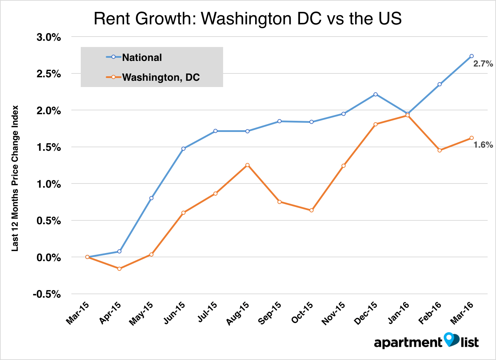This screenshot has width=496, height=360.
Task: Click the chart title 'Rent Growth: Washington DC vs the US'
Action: pyautogui.click(x=247, y=18)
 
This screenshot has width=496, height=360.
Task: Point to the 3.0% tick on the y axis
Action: pyautogui.click(x=49, y=37)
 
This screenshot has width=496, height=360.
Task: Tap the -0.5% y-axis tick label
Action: pyautogui.click(x=47, y=295)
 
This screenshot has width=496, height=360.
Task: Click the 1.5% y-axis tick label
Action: pyautogui.click(x=49, y=147)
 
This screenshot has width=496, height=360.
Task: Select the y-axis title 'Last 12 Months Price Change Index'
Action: pyautogui.click(x=15, y=178)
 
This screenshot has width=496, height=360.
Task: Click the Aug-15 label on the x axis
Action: pyautogui.click(x=238, y=313)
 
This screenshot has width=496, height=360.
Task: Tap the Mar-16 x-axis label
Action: pyautogui.click(x=462, y=313)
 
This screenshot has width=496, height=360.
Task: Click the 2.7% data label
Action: pyautogui.click(x=483, y=64)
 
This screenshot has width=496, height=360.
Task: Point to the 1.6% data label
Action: pyautogui.click(x=483, y=145)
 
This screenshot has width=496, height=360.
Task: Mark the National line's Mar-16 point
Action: pyautogui.click(x=472, y=56)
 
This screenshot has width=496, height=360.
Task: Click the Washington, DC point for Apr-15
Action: pyautogui.click(x=119, y=269)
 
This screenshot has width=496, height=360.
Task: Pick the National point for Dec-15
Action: pyautogui.click(x=376, y=94)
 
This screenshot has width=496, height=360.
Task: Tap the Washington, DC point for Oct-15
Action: pyautogui.click(x=312, y=210)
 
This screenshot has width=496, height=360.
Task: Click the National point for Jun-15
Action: pyautogui.click(x=183, y=149)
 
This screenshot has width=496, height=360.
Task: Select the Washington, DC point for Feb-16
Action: pyautogui.click(x=440, y=150)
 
